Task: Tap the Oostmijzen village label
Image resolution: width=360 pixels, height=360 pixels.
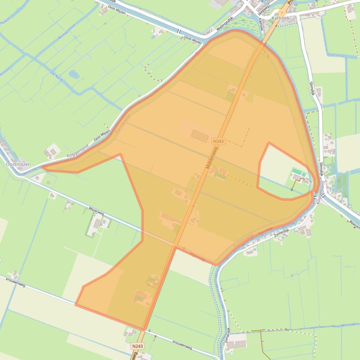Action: [x=18, y=164]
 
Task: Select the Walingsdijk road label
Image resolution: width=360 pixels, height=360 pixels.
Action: [x=225, y=26]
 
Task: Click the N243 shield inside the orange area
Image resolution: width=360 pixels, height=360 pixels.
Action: [x=218, y=141]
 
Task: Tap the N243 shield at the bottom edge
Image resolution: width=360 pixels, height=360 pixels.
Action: [x=137, y=346]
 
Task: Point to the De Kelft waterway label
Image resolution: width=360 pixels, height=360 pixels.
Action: [x=56, y=75]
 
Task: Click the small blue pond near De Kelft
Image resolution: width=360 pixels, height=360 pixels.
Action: [x=73, y=74]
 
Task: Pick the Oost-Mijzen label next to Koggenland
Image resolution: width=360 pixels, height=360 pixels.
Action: [x=102, y=136]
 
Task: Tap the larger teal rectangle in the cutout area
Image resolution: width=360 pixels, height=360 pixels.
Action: [x=297, y=172]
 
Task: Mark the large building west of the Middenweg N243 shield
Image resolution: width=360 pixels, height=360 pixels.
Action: [x=199, y=136]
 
